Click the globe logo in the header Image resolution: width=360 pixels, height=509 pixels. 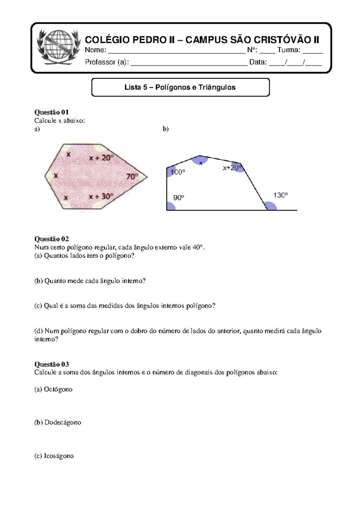point(58,47)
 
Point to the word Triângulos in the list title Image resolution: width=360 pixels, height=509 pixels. point(217,87)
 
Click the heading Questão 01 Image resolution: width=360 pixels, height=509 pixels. point(51,112)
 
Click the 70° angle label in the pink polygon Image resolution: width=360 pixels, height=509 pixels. point(132,176)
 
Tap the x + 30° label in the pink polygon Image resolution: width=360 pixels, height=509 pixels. point(101,197)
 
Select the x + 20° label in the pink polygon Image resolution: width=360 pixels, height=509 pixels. point(101,158)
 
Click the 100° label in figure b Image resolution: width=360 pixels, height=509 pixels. point(178,172)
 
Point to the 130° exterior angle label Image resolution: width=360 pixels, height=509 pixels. point(280,195)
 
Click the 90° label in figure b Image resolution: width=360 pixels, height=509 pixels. point(178,198)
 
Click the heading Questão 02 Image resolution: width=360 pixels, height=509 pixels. point(51,239)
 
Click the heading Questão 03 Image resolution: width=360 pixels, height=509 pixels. point(51,364)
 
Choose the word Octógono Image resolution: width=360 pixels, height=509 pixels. point(58,389)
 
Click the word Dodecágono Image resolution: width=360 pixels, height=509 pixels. point(62,422)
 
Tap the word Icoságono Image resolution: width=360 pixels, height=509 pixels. point(58,456)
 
